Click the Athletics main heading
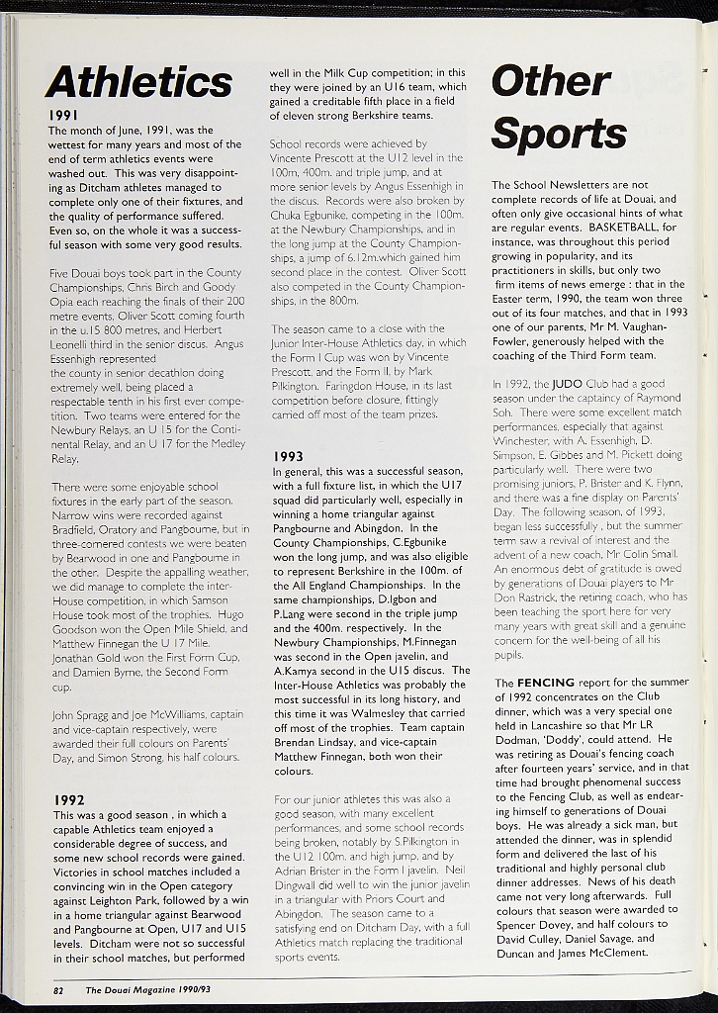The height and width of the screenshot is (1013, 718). click(x=138, y=82)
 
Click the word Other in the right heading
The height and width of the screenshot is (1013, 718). click(x=551, y=81)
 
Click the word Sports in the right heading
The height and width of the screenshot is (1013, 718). click(x=558, y=133)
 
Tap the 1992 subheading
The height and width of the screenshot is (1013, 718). click(x=68, y=799)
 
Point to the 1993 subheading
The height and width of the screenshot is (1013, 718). click(x=288, y=456)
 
